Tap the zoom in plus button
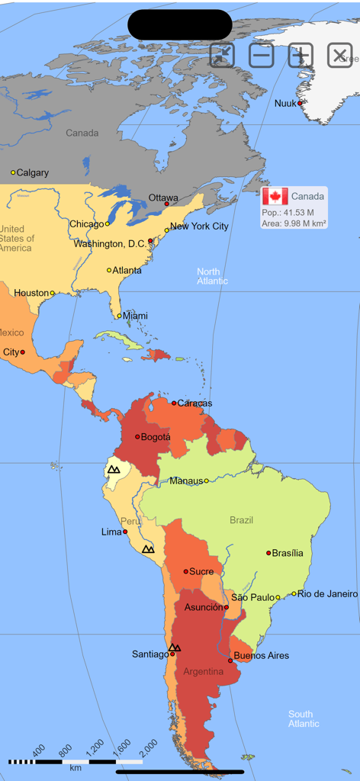point(301,55)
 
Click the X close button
point(340,55)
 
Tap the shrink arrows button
point(222,55)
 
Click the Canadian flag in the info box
point(275,196)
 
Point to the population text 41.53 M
point(288,212)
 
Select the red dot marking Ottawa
point(167,204)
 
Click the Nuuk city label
point(285,103)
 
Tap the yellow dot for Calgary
point(13,172)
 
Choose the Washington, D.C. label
point(110,244)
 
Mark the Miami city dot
point(119,316)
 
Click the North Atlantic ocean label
point(212,276)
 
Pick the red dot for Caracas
point(174,403)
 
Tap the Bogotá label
point(156,437)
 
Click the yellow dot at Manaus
point(206,480)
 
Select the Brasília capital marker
point(268,553)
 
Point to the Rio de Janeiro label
point(327,593)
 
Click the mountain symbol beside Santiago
point(175,648)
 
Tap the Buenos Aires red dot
point(230,660)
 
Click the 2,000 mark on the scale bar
point(149,746)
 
